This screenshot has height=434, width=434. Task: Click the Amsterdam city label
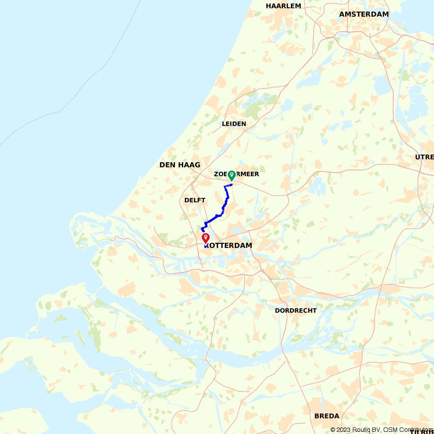tap(364, 14)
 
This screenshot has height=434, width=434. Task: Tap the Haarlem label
tap(283, 6)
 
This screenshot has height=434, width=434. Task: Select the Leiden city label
tap(234, 124)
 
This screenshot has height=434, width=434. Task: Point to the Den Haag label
tap(180, 165)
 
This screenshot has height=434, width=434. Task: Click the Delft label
tap(195, 200)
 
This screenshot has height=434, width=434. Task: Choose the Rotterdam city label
tap(229, 246)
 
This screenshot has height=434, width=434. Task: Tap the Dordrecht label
tap(296, 311)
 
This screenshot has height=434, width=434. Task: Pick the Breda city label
tap(327, 416)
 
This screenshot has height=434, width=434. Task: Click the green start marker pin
tap(232, 175)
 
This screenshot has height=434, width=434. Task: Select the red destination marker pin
tap(206, 238)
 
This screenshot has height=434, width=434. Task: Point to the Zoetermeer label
tap(237, 174)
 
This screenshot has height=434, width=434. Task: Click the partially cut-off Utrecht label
tap(424, 157)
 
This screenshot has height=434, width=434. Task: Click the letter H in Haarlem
tap(269, 6)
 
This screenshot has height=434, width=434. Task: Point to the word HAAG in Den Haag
tap(191, 165)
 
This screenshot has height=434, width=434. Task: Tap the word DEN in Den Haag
tap(168, 165)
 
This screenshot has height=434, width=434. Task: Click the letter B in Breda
tap(317, 416)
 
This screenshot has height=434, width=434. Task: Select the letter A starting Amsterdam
tap(342, 14)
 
